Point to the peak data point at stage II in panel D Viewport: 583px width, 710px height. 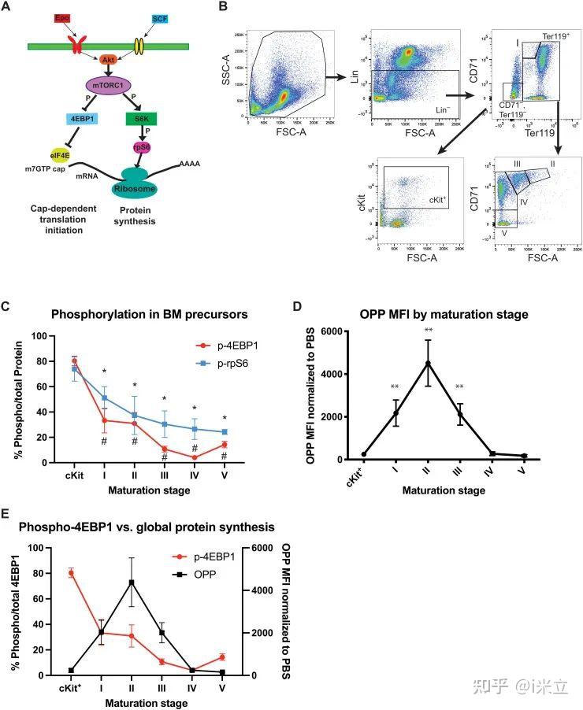[428, 363]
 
